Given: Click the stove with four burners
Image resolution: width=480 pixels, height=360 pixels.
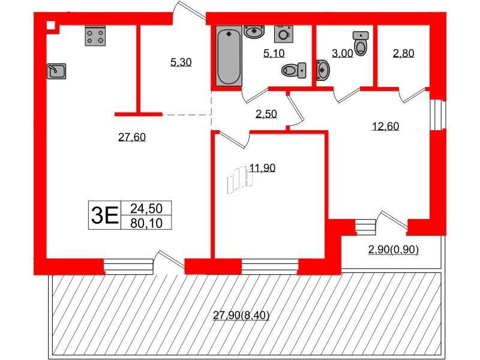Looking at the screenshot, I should point(95,35).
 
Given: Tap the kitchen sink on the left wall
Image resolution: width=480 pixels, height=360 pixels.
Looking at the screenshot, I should point(56,71).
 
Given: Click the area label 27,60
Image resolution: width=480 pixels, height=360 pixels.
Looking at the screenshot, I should point(132,137).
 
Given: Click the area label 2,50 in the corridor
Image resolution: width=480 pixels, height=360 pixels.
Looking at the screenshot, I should point(266,114).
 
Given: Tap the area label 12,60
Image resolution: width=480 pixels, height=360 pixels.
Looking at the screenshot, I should point(385,126).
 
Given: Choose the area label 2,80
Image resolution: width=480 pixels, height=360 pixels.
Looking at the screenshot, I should point(403,53).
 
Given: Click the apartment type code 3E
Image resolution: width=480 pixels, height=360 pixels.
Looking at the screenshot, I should point(103,215).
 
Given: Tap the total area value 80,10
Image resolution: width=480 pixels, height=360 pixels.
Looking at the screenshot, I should point(146,223).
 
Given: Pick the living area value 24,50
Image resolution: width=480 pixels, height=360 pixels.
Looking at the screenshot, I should point(146,208).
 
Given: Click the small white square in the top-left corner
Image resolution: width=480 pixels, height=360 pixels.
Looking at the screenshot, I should point(51,25).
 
